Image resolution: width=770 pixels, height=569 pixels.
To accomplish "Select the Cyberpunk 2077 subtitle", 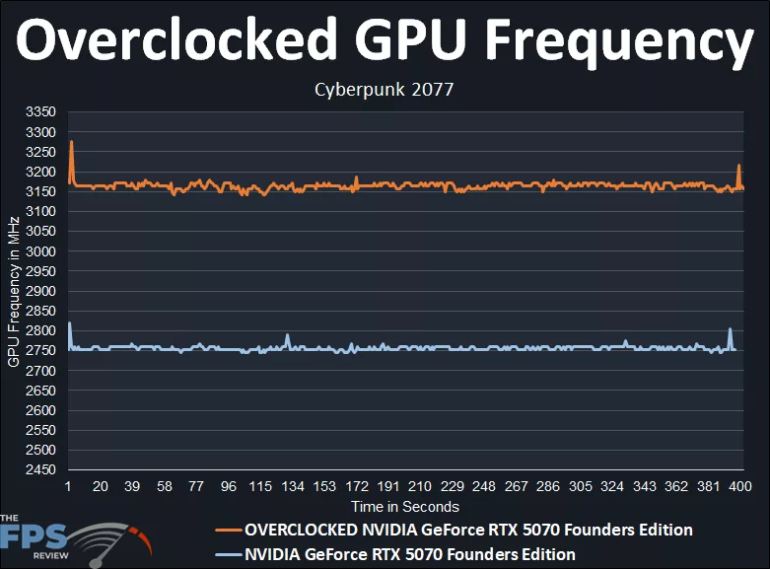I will click(384, 90).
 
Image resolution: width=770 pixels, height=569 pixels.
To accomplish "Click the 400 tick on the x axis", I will click(741, 487).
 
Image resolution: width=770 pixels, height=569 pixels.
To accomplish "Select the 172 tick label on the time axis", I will click(357, 487).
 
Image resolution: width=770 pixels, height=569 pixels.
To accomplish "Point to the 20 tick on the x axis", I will click(100, 487).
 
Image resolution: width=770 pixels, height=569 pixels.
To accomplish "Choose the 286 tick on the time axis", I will click(549, 487).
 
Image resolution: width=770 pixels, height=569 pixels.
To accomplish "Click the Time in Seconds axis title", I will click(405, 507).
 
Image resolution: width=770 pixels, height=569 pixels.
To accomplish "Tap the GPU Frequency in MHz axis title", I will click(14, 292).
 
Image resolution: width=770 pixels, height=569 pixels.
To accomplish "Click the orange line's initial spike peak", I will click(71, 142).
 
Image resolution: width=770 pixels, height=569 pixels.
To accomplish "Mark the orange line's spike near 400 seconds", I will click(739, 166).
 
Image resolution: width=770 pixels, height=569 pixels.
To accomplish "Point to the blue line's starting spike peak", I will click(69, 323).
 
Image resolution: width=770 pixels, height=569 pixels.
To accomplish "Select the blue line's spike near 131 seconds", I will click(287, 335).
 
